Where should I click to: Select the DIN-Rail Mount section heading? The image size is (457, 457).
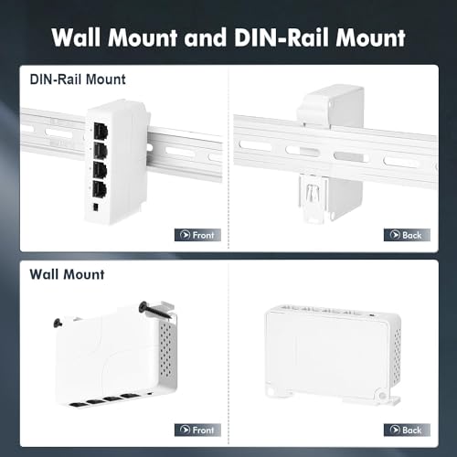[x=78, y=80]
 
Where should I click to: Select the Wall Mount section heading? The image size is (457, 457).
[x=68, y=273]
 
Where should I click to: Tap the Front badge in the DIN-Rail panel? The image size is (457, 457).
[x=197, y=235]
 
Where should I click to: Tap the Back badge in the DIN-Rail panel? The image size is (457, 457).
[x=407, y=235]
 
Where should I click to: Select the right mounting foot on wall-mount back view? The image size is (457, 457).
[x=384, y=401]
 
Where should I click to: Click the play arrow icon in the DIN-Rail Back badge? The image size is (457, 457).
[x=393, y=235]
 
